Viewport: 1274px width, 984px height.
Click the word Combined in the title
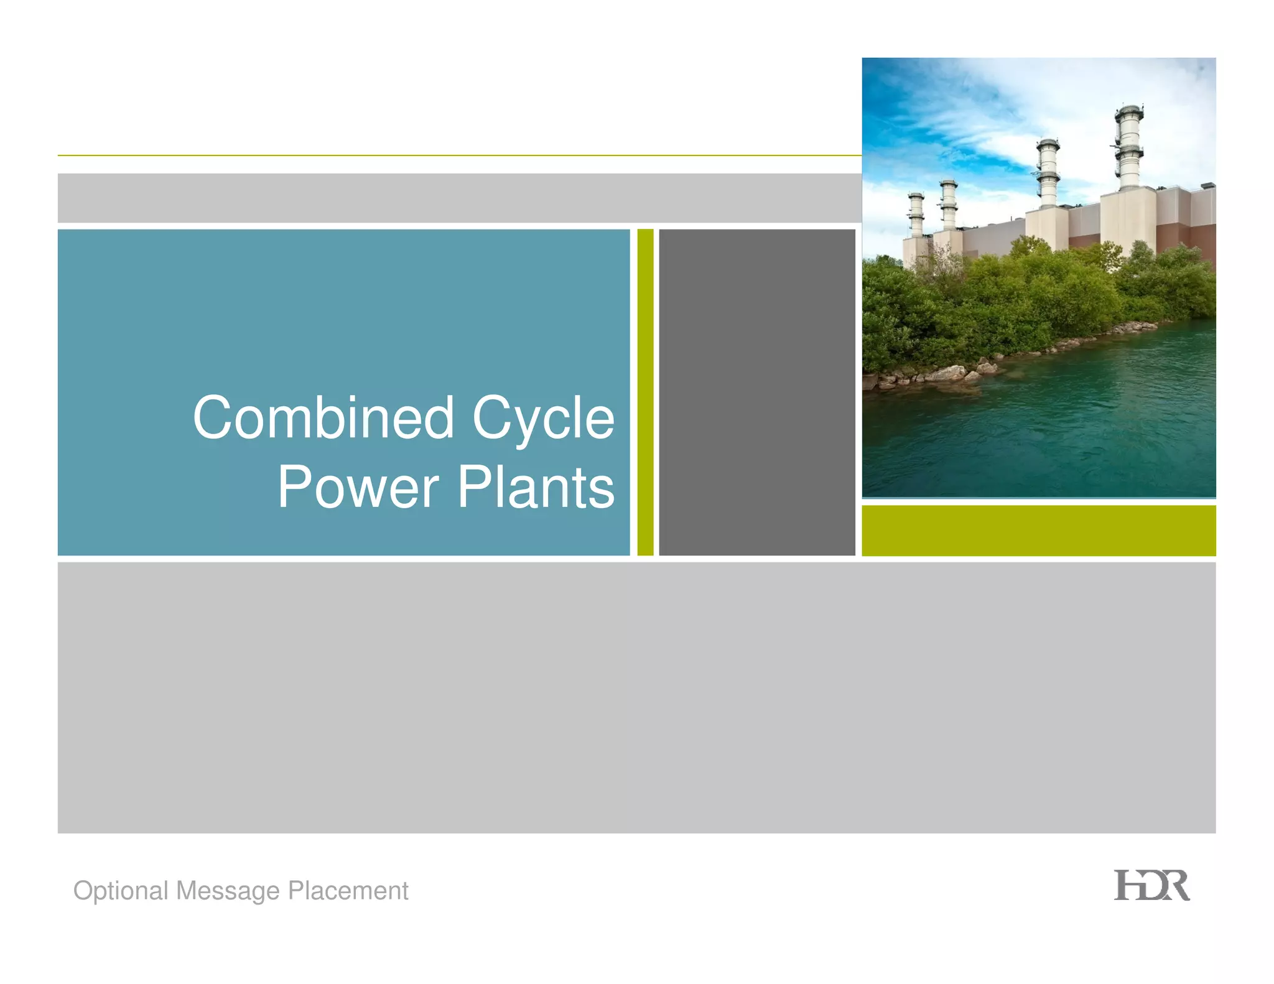[323, 418]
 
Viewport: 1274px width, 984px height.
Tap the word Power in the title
[358, 488]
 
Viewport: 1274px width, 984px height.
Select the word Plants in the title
[536, 488]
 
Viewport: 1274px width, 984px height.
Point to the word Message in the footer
[228, 891]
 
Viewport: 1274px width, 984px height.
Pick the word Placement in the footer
[348, 890]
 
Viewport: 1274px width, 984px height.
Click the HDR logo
[1151, 886]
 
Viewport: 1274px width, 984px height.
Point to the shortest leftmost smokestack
[916, 215]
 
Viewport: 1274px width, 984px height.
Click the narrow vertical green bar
[645, 392]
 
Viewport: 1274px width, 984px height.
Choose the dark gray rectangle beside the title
[756, 392]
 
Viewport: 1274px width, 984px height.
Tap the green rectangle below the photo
[1038, 531]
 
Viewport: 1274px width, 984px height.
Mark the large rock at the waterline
[946, 373]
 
